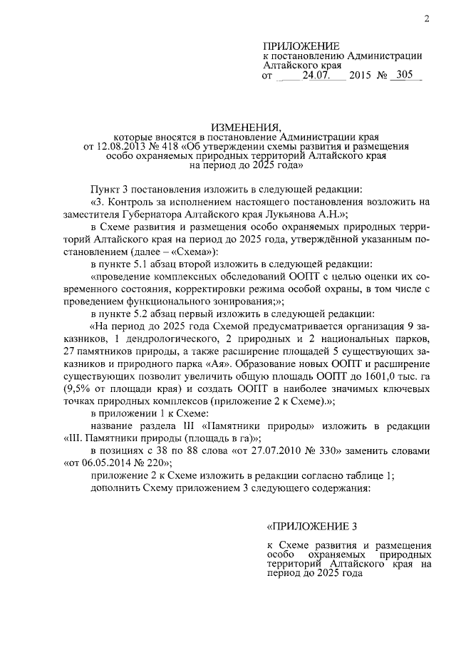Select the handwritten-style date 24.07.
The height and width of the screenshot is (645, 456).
coord(313,74)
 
